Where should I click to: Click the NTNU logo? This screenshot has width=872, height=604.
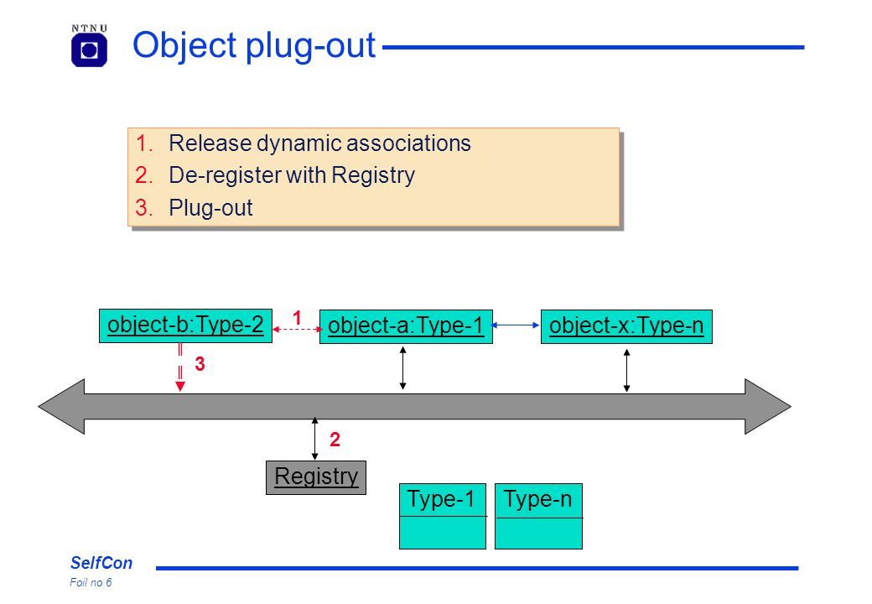click(x=89, y=45)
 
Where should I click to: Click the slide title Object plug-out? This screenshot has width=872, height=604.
click(x=254, y=45)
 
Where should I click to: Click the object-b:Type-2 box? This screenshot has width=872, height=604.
click(x=186, y=326)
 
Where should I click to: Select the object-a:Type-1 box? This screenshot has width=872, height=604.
click(x=406, y=326)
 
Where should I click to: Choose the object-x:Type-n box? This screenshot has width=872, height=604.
click(x=626, y=326)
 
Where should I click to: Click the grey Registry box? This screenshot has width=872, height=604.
click(x=316, y=477)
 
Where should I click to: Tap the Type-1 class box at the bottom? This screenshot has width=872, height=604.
click(x=443, y=516)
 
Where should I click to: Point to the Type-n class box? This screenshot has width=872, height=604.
click(x=538, y=516)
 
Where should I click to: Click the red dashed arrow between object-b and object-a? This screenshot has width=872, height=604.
click(x=297, y=329)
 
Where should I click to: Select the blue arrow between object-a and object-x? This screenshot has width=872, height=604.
click(x=516, y=325)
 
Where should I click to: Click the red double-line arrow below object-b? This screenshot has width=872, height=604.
click(x=180, y=367)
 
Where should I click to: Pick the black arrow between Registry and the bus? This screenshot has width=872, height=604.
click(x=314, y=439)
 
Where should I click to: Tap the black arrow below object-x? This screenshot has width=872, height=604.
click(x=627, y=371)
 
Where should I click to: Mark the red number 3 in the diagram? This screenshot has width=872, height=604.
click(x=200, y=364)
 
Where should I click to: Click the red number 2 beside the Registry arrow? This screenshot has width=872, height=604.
click(x=335, y=440)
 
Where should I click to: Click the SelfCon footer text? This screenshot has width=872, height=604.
click(x=101, y=563)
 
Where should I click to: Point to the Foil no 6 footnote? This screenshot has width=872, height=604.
click(x=91, y=582)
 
